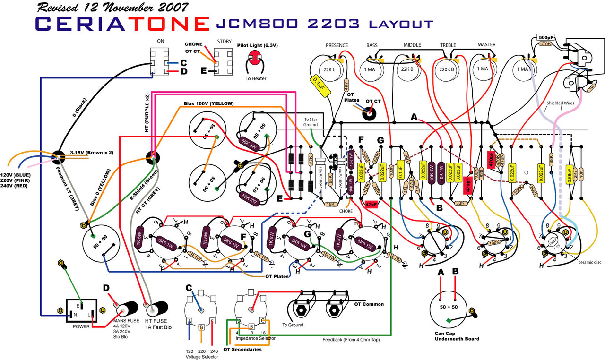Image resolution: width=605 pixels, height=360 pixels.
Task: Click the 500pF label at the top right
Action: tap(546, 38)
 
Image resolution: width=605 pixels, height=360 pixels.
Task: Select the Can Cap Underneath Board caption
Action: tap(457, 336)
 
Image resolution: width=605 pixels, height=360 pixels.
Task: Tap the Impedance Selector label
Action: tap(255, 338)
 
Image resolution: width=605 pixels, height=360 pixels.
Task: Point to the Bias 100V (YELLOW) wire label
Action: tap(209, 103)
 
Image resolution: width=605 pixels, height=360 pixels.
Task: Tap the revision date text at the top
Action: tap(112, 7)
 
